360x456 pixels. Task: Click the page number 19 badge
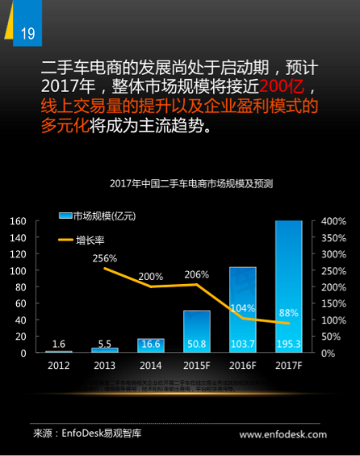[27, 33]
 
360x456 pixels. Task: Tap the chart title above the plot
[191, 183]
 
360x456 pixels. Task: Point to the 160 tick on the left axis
[18, 221]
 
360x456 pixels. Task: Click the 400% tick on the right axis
[333, 221]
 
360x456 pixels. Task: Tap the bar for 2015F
[196, 331]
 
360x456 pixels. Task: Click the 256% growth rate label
[105, 258]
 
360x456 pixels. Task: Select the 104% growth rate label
[243, 307]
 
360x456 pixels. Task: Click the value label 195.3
[288, 345]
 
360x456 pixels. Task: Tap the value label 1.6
[58, 345]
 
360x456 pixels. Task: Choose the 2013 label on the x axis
[104, 364]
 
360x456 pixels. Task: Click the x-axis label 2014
[150, 364]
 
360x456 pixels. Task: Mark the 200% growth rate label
[151, 276]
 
